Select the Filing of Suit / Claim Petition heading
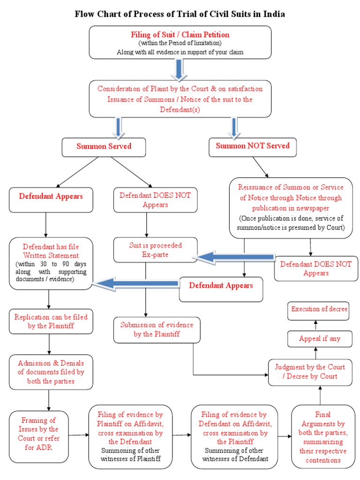(x=180, y=35)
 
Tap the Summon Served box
(x=104, y=146)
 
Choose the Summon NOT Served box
(x=252, y=146)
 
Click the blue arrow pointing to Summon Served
(x=119, y=127)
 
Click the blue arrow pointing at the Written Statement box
(x=136, y=283)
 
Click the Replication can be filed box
(x=51, y=321)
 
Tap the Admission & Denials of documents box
(x=51, y=372)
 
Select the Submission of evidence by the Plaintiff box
(x=157, y=329)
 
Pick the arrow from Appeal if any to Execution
(x=315, y=325)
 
